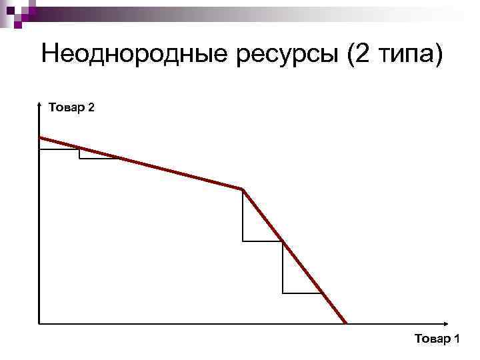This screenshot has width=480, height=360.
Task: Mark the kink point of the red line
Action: (x=243, y=190)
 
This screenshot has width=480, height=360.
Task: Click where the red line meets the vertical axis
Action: (x=40, y=137)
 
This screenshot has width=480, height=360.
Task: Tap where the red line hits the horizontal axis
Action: (x=346, y=324)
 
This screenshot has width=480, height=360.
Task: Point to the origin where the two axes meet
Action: (x=40, y=324)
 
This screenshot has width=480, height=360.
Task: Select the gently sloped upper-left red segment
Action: (x=140, y=163)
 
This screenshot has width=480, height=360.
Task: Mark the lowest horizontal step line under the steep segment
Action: (x=302, y=293)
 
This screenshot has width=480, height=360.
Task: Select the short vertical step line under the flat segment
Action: (x=79, y=153)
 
